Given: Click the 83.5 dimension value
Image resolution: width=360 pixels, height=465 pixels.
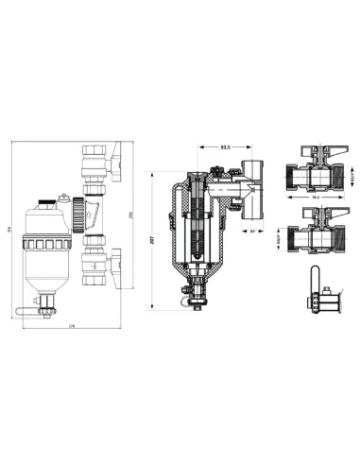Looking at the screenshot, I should coord(224,147).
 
